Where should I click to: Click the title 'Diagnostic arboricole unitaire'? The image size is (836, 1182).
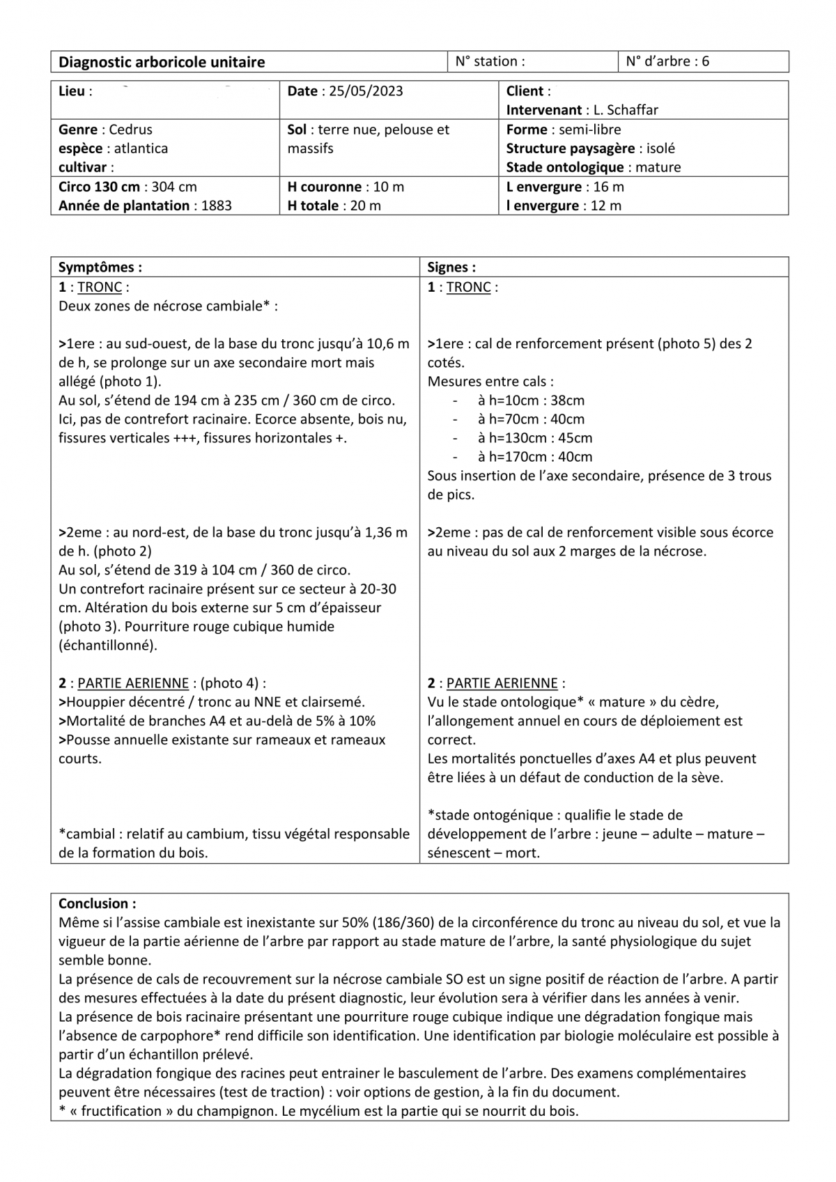tap(162, 62)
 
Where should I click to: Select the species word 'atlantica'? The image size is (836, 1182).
tap(141, 148)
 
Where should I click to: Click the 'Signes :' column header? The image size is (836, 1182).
tap(451, 267)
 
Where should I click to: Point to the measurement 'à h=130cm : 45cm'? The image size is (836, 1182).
tap(535, 438)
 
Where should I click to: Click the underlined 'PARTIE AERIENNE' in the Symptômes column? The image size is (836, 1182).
tap(132, 683)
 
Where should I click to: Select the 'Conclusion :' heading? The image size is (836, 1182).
tap(97, 904)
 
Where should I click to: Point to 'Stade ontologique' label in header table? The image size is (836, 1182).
tap(564, 167)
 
